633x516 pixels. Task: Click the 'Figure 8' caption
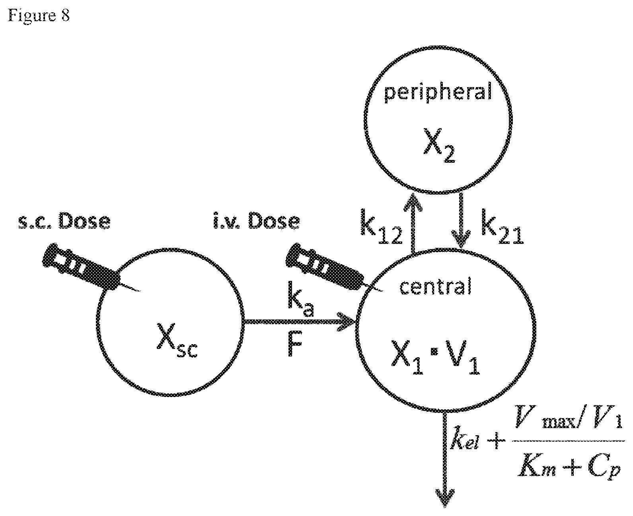click(39, 15)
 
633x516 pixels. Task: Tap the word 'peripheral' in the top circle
click(438, 92)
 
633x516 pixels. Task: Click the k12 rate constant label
click(381, 227)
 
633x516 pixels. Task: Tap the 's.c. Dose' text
click(64, 221)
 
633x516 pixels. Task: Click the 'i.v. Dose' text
click(257, 221)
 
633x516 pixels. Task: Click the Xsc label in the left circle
click(177, 340)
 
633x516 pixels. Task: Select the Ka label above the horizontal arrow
click(300, 300)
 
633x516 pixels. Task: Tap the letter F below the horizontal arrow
click(295, 345)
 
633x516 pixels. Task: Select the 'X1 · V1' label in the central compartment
click(436, 357)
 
